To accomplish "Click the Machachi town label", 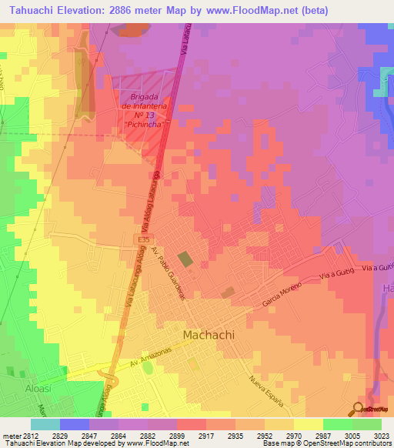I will (x=209, y=336).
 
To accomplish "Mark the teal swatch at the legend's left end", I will (x=45, y=424).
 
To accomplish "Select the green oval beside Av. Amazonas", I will (x=149, y=368).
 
